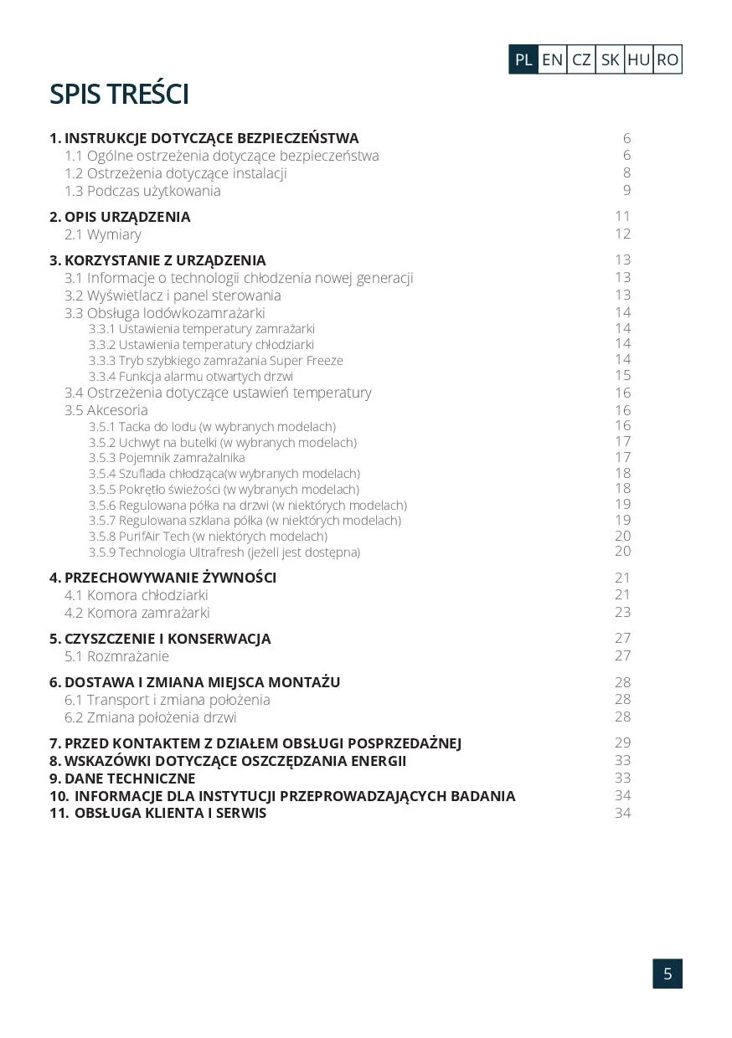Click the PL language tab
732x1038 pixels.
coord(523,59)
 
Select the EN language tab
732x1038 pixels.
coord(552,59)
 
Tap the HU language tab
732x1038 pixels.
coord(638,59)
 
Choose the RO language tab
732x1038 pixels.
coord(668,59)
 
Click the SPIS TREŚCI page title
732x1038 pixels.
coord(119,95)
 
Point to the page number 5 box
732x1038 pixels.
coord(668,974)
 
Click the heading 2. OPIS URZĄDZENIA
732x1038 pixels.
coord(120,217)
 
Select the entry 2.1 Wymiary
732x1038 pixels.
coord(103,234)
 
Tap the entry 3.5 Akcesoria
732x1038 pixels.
coord(106,410)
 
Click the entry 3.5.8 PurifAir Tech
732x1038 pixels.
coord(208,537)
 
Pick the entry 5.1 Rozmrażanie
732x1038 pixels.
coord(117,656)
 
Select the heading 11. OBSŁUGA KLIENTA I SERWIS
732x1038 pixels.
coord(158,813)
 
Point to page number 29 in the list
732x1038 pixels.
coord(622,743)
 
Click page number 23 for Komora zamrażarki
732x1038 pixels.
coord(622,612)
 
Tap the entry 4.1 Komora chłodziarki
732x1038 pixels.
coord(137,595)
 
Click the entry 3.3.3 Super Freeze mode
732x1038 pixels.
coord(216,361)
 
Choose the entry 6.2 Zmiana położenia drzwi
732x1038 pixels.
coord(151,717)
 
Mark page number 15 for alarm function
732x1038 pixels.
coord(622,376)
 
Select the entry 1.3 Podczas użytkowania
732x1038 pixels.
coord(142,191)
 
